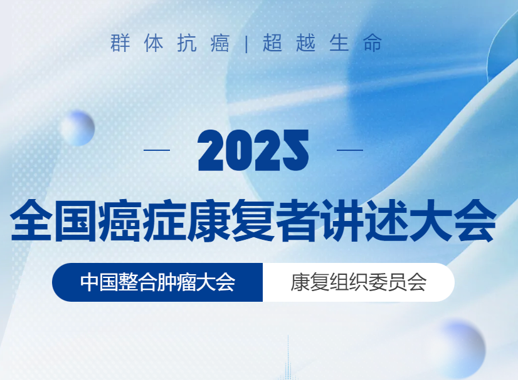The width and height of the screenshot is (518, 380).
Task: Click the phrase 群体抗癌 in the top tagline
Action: click(x=170, y=44)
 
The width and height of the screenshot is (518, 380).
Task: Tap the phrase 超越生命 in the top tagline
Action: click(x=322, y=44)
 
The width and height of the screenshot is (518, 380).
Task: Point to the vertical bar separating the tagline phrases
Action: click(x=246, y=44)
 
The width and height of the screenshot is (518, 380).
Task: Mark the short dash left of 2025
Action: click(x=157, y=150)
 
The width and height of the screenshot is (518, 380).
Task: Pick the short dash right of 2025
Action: click(x=350, y=150)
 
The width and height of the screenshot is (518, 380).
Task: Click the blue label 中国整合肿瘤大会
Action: click(x=157, y=282)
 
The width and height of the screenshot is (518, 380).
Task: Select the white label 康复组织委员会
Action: click(x=358, y=282)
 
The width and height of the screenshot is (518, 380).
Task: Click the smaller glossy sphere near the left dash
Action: click(x=77, y=128)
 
